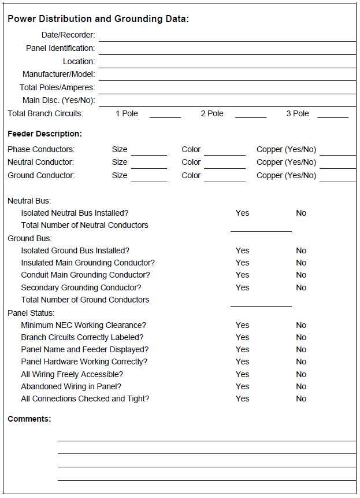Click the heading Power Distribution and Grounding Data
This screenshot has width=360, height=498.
click(x=98, y=19)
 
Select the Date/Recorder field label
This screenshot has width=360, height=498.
click(x=68, y=35)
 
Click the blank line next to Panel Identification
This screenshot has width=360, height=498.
click(x=227, y=49)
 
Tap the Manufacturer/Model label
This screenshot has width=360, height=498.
click(x=59, y=75)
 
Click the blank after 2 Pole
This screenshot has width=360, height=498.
click(x=250, y=114)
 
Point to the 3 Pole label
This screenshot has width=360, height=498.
click(x=298, y=114)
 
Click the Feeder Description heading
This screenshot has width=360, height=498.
click(x=44, y=134)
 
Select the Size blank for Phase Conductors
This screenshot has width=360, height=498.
click(x=149, y=150)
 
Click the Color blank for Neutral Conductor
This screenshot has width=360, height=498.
click(x=224, y=164)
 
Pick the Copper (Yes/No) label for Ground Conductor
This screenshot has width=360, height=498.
click(x=286, y=176)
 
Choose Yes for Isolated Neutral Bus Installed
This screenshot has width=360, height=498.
click(x=242, y=213)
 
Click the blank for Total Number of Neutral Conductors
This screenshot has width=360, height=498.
click(x=261, y=227)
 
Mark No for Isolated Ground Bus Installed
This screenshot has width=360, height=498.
click(x=301, y=251)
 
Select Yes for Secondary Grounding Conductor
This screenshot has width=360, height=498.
click(x=242, y=288)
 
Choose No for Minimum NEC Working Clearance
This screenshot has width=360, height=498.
click(x=301, y=326)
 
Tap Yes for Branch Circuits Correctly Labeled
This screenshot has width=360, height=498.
click(x=242, y=338)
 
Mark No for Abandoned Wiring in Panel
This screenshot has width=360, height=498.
click(x=301, y=387)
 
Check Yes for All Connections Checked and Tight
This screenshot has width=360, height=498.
click(x=242, y=399)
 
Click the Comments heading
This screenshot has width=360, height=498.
click(x=29, y=419)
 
